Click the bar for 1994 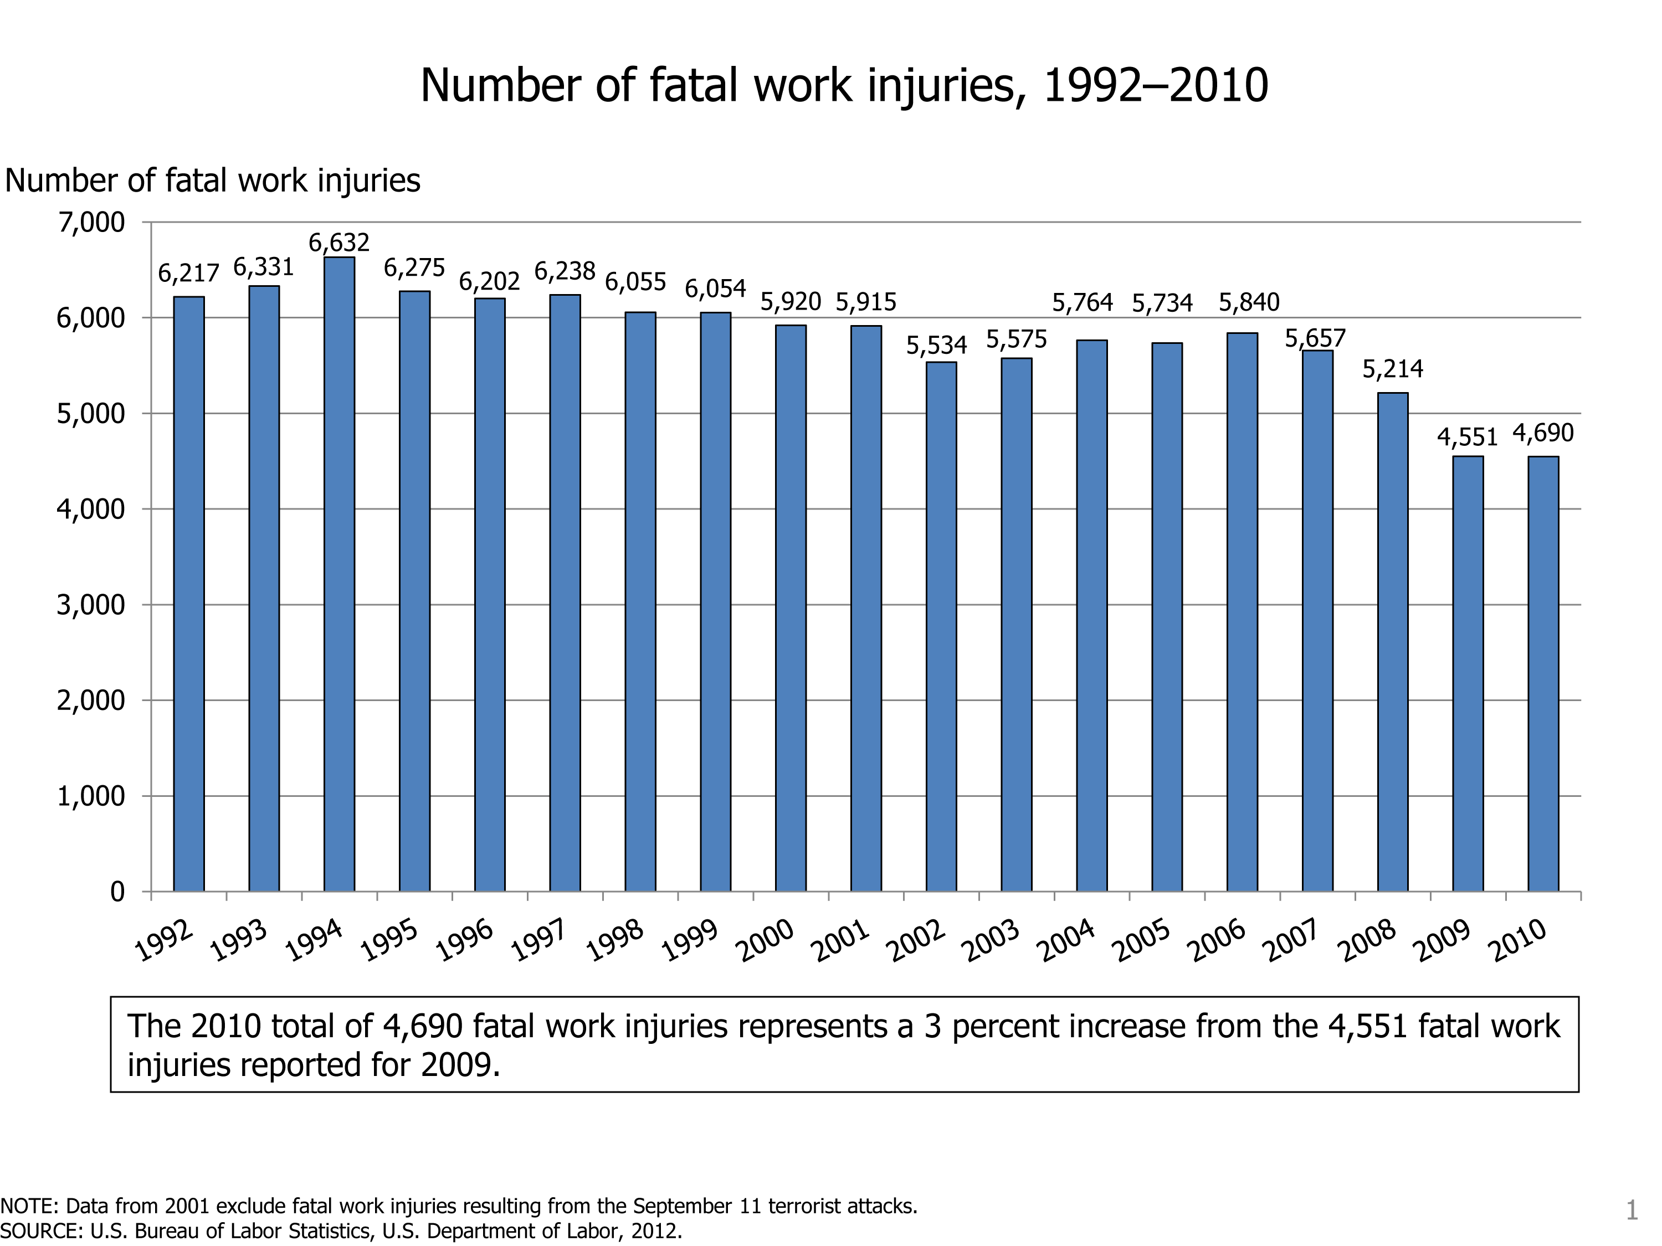tap(339, 575)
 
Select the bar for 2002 tap(941, 627)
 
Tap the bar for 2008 tap(1392, 642)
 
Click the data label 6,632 tap(339, 243)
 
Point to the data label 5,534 tap(936, 346)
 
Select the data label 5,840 tap(1249, 303)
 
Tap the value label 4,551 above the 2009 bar tap(1466, 437)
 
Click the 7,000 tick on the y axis tap(90, 223)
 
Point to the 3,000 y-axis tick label tap(90, 605)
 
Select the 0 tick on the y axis tap(117, 892)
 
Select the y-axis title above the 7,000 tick tap(213, 181)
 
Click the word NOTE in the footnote tap(28, 1206)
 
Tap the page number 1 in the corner tap(1631, 1211)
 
